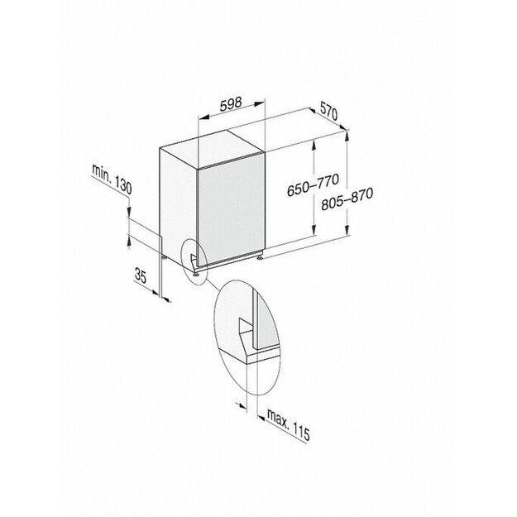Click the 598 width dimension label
231,103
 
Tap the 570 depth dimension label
328,111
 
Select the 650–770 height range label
313,184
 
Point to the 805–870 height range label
347,199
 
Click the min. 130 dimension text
112,179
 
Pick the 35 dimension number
141,275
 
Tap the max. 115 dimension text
289,424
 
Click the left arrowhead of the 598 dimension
203,117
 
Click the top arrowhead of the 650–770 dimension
314,145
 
